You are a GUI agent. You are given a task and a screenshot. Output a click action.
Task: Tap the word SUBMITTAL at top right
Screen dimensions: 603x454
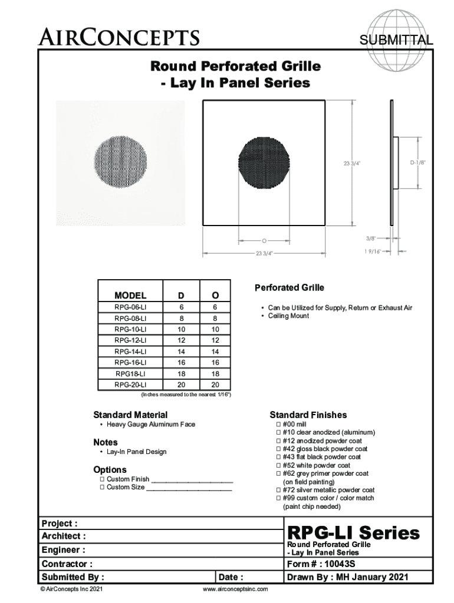tap(396, 40)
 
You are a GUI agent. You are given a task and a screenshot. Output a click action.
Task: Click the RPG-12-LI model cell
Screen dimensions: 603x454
tap(130, 340)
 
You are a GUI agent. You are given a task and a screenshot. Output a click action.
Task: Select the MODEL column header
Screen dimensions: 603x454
tap(130, 295)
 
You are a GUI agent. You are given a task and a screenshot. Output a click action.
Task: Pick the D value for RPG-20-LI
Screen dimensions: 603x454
tap(181, 385)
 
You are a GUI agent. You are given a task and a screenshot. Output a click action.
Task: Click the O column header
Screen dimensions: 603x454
tap(215, 295)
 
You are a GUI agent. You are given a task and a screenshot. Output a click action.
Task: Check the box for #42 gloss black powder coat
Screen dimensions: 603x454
tap(279, 449)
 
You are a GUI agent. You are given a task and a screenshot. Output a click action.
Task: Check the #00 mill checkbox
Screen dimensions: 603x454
tap(279, 424)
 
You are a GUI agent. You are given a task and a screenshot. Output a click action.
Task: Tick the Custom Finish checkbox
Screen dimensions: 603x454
tap(102, 479)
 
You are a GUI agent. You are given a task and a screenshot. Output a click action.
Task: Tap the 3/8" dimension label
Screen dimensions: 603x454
tap(370, 238)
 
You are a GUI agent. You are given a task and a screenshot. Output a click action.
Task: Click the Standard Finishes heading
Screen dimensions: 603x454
tap(308, 415)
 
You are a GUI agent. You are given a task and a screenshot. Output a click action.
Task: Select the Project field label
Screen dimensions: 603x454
tap(59, 524)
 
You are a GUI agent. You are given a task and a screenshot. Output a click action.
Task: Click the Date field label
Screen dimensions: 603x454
tap(231, 577)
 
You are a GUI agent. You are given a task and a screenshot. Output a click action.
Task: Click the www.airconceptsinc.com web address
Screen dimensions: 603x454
tap(235, 589)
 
